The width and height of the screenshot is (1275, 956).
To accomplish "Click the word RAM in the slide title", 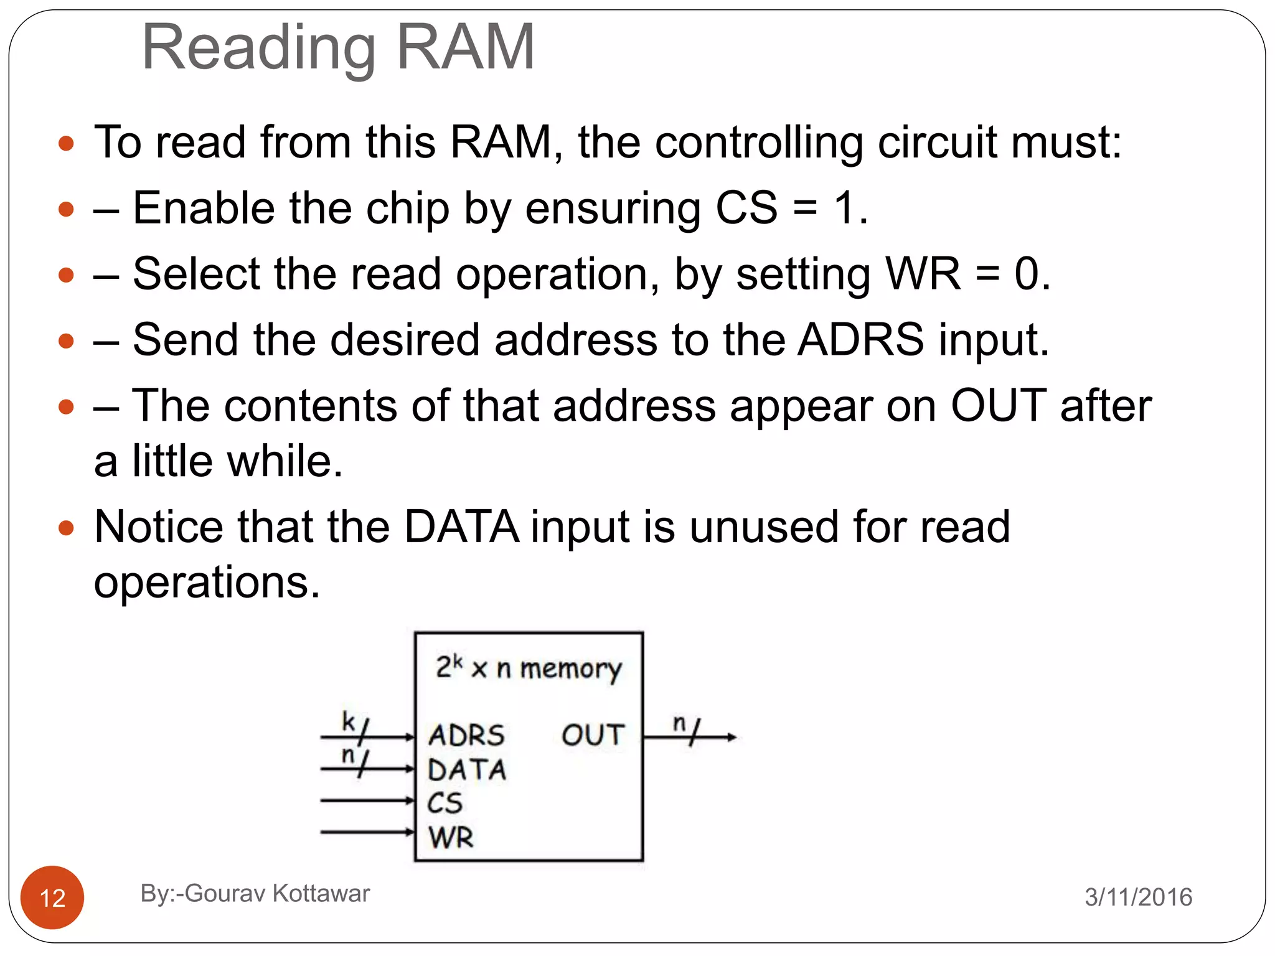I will tap(465, 47).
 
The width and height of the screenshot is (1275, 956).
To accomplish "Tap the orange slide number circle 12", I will tap(52, 897).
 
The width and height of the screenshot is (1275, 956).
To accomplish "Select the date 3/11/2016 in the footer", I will tap(1138, 897).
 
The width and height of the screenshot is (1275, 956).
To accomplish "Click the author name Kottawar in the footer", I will tap(321, 893).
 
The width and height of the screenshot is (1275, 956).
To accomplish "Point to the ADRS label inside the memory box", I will tap(466, 735).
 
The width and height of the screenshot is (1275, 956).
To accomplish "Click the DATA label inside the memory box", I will tap(467, 770).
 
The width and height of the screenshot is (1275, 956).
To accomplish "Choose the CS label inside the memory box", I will tap(445, 803).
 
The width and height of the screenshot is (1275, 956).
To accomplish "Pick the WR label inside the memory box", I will tap(451, 837).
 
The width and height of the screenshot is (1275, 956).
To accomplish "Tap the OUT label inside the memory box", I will tap(593, 735).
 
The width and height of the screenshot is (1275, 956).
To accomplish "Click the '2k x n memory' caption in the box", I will tap(529, 668).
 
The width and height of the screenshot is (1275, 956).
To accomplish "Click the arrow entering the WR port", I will tap(367, 832).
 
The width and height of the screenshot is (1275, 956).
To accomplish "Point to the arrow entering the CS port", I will tap(367, 800).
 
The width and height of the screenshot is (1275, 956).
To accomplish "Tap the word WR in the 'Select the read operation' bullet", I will tap(923, 274).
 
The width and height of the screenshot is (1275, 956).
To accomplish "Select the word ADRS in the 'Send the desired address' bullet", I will tap(861, 340).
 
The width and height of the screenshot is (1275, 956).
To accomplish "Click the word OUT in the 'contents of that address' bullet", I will tap(999, 406).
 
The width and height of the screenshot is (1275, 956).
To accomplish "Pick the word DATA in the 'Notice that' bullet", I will tap(461, 527).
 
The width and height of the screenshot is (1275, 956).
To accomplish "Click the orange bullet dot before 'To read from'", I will tap(66, 144).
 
